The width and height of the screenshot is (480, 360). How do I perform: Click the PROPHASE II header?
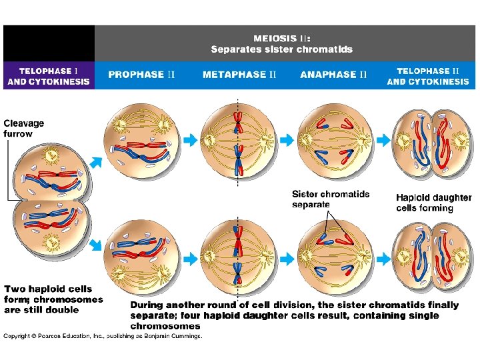(141, 75)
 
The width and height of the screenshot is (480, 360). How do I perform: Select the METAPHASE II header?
(239, 75)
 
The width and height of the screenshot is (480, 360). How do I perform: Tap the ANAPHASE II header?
(333, 75)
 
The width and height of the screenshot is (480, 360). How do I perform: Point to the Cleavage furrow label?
(24, 128)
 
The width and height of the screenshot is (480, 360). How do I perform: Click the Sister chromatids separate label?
(331, 199)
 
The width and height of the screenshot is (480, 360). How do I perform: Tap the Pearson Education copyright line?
(103, 336)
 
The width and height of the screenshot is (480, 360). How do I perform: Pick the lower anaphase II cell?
(333, 255)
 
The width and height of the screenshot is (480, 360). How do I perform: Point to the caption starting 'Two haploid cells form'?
(53, 299)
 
